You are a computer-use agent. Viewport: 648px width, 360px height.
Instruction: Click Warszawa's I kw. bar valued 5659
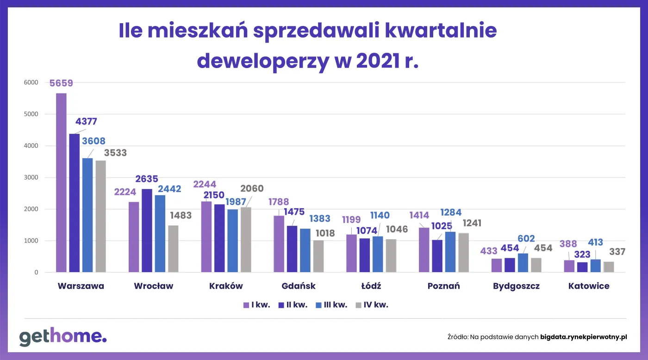(x=61, y=183)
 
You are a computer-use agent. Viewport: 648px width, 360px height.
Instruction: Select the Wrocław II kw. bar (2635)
(x=147, y=230)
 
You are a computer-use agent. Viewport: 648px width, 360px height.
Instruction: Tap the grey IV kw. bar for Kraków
(x=246, y=240)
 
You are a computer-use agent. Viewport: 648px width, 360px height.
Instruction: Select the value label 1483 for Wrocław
(x=181, y=215)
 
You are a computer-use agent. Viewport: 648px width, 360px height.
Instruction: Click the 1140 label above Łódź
(x=380, y=215)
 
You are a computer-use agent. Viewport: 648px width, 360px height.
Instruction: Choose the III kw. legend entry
(x=331, y=305)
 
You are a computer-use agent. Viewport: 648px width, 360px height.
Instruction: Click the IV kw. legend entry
(x=372, y=305)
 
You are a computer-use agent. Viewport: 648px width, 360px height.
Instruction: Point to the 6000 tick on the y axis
(x=31, y=82)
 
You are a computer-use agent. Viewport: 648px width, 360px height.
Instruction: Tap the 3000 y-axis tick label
(x=31, y=177)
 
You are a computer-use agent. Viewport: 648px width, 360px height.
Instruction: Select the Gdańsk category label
(x=299, y=286)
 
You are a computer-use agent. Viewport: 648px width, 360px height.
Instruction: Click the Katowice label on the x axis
(x=589, y=286)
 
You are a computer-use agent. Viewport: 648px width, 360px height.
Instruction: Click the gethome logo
(x=63, y=337)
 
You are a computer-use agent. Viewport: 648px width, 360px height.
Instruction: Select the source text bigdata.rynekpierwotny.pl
(x=583, y=337)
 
